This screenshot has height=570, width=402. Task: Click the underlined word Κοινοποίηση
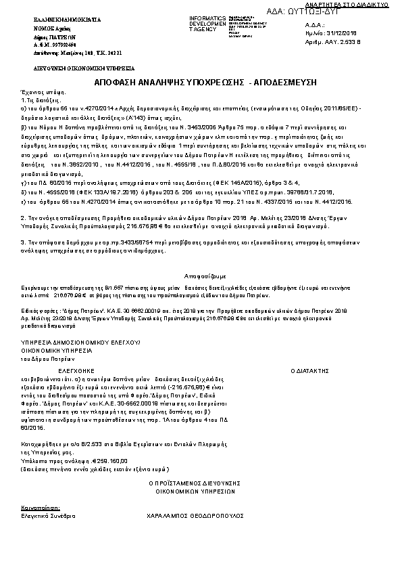click(40, 506)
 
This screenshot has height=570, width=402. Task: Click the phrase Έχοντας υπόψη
click(39, 91)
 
